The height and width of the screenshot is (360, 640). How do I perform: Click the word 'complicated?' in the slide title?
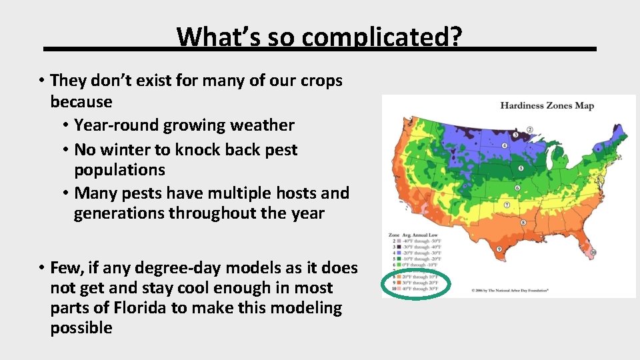(381, 37)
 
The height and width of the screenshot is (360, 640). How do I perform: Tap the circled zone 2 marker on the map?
(530, 129)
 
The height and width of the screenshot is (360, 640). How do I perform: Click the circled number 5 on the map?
(521, 168)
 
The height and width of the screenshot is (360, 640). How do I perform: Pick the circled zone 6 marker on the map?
(517, 188)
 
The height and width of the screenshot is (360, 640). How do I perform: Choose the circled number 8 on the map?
(524, 223)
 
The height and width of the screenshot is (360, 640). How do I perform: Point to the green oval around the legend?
(416, 283)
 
